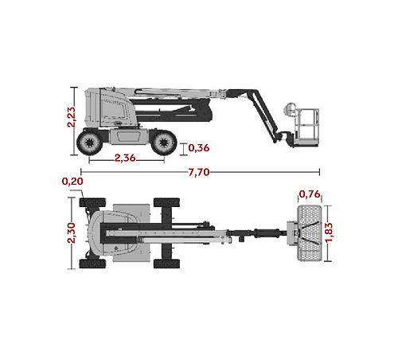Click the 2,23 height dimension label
72,117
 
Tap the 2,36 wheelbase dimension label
125,158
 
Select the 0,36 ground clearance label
199,148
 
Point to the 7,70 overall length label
199,172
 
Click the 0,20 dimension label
72,182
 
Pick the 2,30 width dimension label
72,233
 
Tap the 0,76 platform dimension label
310,194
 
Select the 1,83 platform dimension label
329,233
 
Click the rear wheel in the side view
89,143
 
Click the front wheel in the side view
164,143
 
